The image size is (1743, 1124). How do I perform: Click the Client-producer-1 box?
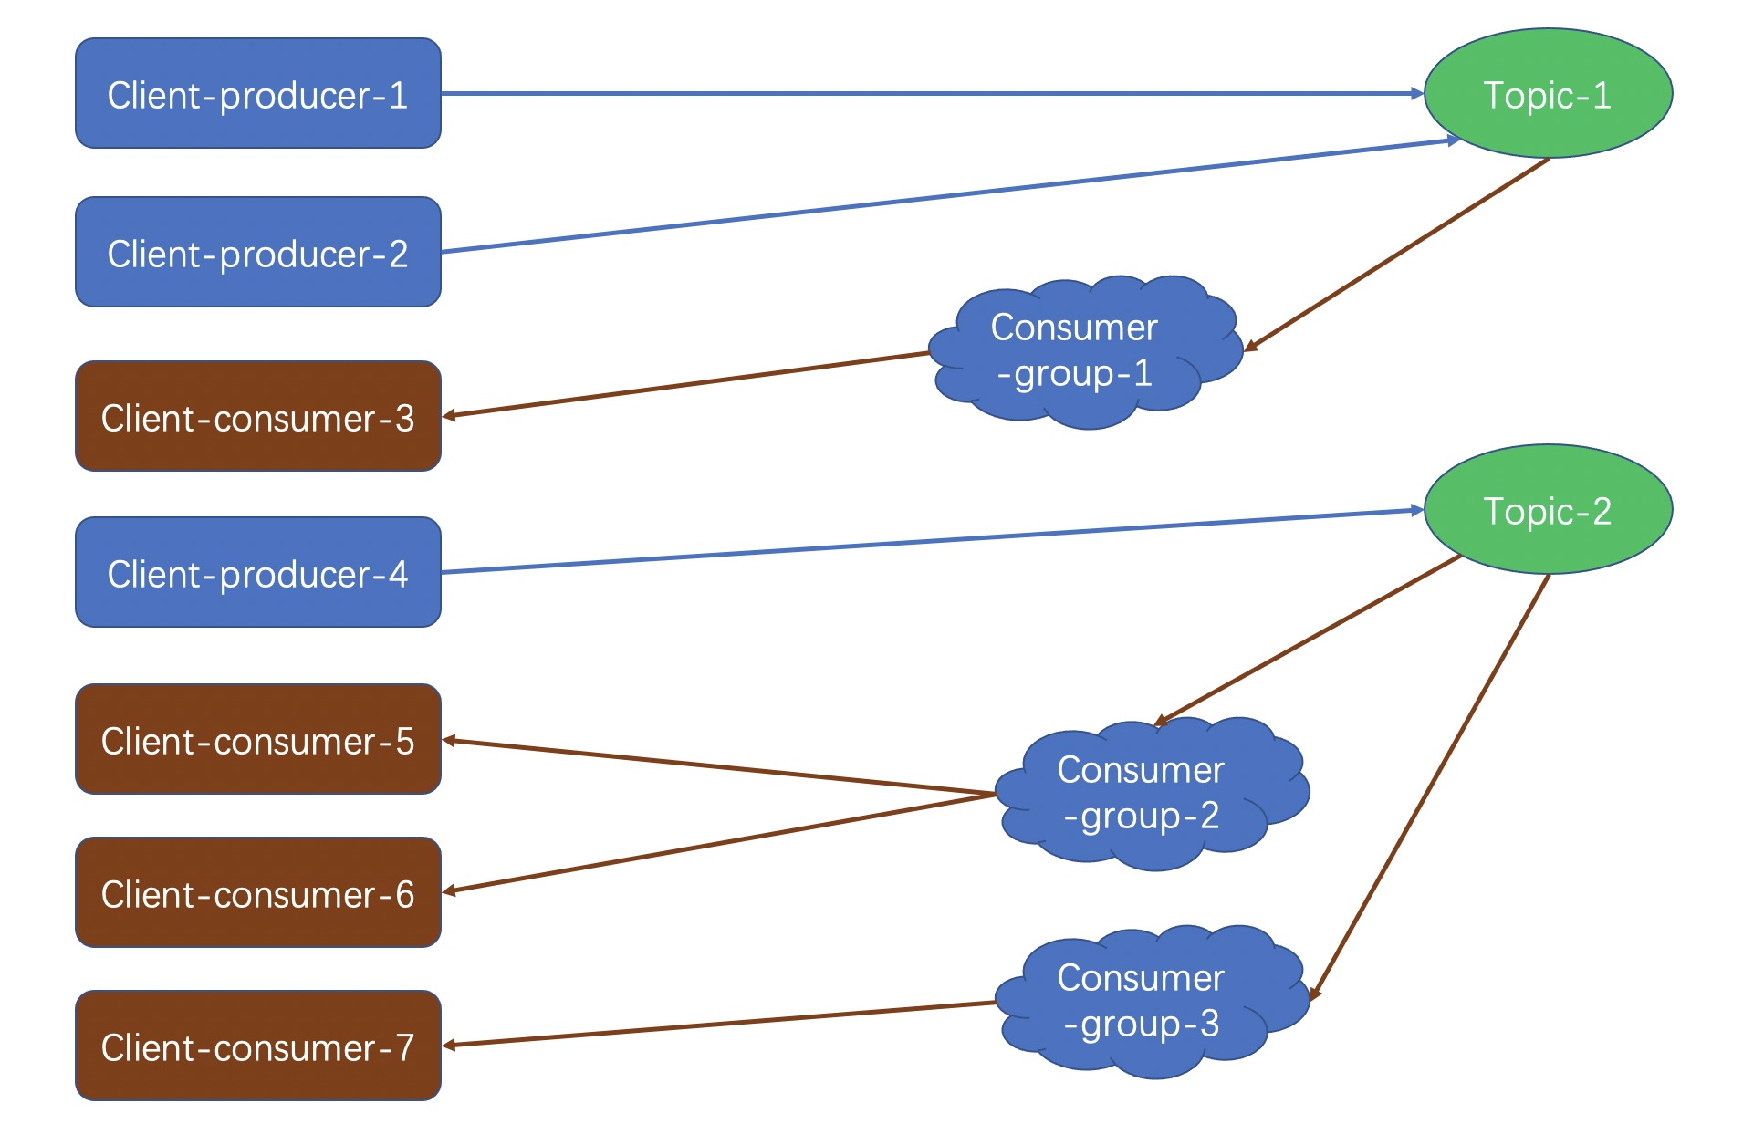coord(258,93)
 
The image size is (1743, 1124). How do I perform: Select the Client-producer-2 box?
coord(258,252)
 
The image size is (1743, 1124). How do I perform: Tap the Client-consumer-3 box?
coord(258,416)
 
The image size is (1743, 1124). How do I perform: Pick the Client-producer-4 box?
coord(258,572)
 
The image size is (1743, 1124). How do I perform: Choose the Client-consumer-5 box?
coord(258,739)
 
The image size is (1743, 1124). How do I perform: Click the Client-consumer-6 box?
coord(258,892)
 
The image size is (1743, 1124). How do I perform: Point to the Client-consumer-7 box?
coord(258,1046)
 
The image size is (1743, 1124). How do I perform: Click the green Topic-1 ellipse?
coord(1548,93)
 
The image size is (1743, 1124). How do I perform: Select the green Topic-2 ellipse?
coord(1548,509)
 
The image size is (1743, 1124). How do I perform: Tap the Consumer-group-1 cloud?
coord(1086,352)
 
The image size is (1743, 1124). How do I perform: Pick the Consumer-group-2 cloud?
coord(1153,794)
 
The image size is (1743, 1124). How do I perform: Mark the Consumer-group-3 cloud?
coord(1153,1002)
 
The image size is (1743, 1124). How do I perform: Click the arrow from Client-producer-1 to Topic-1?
coord(933,93)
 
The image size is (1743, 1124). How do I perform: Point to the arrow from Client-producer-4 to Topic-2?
coord(933,541)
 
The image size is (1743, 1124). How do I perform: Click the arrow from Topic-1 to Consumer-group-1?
coord(1397,255)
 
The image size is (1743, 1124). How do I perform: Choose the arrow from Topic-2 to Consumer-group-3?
coord(1430,787)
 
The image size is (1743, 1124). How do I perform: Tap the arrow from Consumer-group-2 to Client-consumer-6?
coord(719,843)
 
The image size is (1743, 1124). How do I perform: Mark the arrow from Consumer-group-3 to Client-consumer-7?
coord(719,1024)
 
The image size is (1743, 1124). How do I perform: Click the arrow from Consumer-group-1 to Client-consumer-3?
coord(685,384)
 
